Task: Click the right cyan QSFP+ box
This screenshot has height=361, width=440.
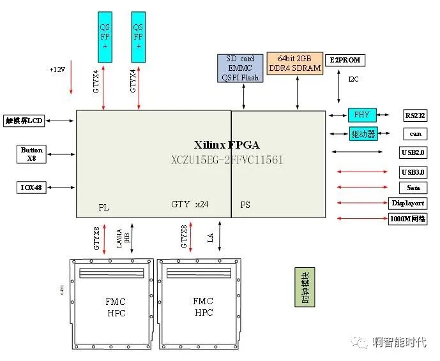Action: click(x=139, y=37)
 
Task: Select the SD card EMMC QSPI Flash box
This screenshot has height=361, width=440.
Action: click(x=240, y=68)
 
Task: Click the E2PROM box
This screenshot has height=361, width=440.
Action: click(x=345, y=61)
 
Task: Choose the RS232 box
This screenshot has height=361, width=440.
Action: click(x=415, y=115)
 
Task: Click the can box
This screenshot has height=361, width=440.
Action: click(x=415, y=134)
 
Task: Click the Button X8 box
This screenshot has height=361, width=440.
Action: click(x=32, y=154)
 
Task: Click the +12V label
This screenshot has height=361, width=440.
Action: click(x=59, y=69)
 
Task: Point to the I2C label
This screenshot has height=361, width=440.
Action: click(x=353, y=79)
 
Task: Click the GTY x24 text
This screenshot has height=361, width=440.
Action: click(x=190, y=205)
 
